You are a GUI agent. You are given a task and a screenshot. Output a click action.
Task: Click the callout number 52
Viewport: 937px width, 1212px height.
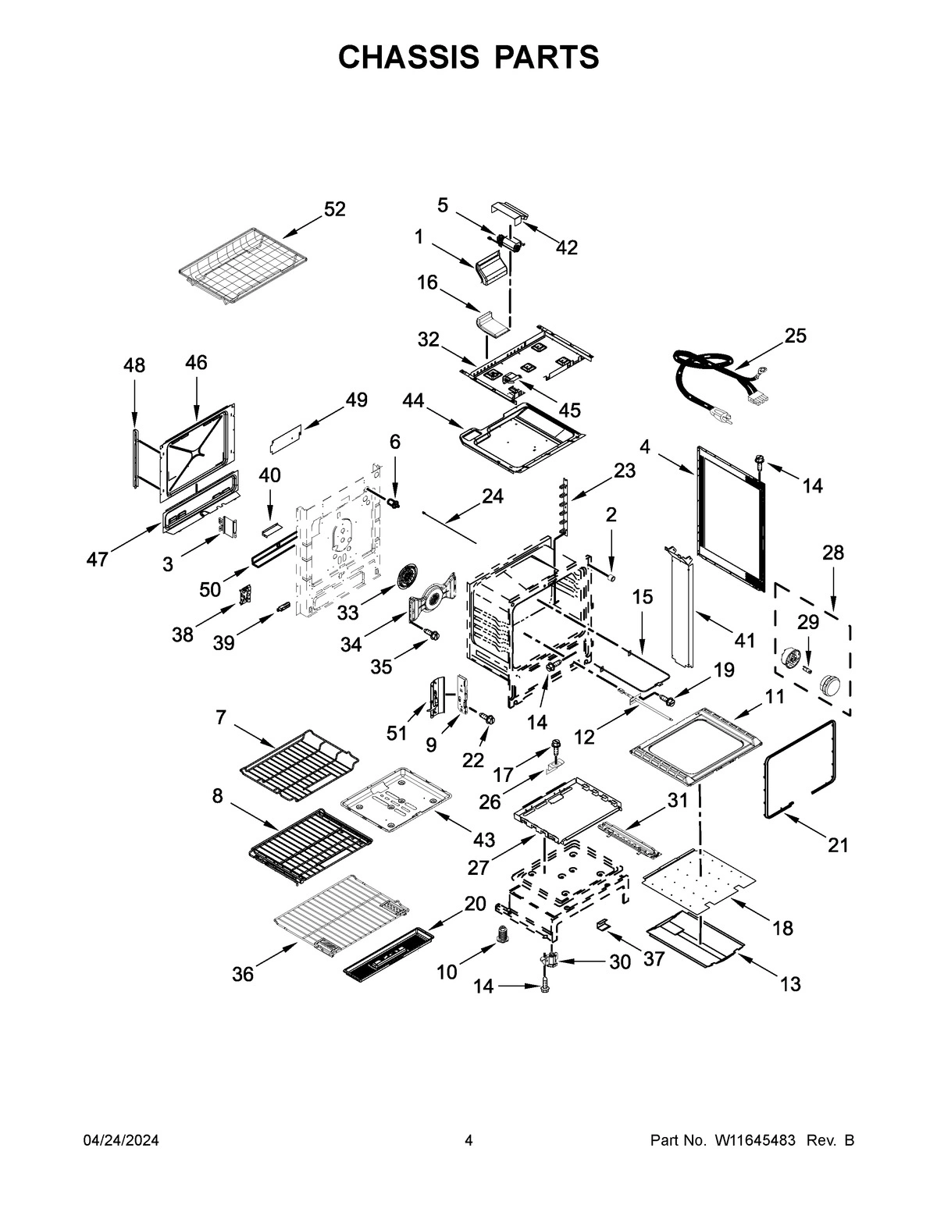coord(334,209)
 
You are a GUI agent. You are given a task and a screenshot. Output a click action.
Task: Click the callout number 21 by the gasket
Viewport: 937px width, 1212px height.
coord(837,845)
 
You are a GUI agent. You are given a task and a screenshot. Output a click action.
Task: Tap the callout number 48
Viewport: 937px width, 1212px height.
coord(134,365)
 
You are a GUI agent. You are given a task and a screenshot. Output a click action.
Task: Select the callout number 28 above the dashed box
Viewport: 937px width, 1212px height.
coord(833,553)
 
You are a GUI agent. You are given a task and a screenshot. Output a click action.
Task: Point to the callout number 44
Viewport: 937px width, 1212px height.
coord(414,400)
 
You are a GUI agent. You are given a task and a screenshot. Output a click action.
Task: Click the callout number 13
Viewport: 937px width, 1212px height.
coord(790,984)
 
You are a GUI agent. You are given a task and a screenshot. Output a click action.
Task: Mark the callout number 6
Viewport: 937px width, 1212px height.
coord(395,442)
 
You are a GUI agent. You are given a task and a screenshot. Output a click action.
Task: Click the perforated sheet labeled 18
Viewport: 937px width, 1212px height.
coord(699,879)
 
